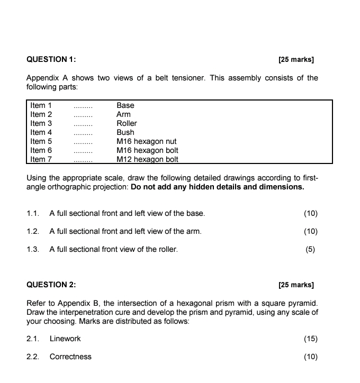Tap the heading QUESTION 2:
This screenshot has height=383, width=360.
(x=51, y=285)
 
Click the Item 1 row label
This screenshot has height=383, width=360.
(x=41, y=105)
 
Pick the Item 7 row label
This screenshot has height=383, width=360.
(x=41, y=159)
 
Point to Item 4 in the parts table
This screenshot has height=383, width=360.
(x=41, y=132)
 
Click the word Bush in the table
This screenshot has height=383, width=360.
(x=125, y=132)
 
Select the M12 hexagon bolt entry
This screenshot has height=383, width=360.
(x=147, y=159)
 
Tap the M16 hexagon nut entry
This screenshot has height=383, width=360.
(x=146, y=141)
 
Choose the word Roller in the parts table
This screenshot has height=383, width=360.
(x=127, y=123)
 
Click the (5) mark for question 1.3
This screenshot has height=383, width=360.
(x=311, y=249)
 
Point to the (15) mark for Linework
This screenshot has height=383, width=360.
(x=311, y=339)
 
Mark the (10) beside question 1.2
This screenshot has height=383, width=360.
(x=311, y=231)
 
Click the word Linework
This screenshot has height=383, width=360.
(x=65, y=339)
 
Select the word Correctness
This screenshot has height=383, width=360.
(x=70, y=357)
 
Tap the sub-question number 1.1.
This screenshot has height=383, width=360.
(x=33, y=213)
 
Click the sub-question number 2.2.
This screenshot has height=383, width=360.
(x=33, y=357)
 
